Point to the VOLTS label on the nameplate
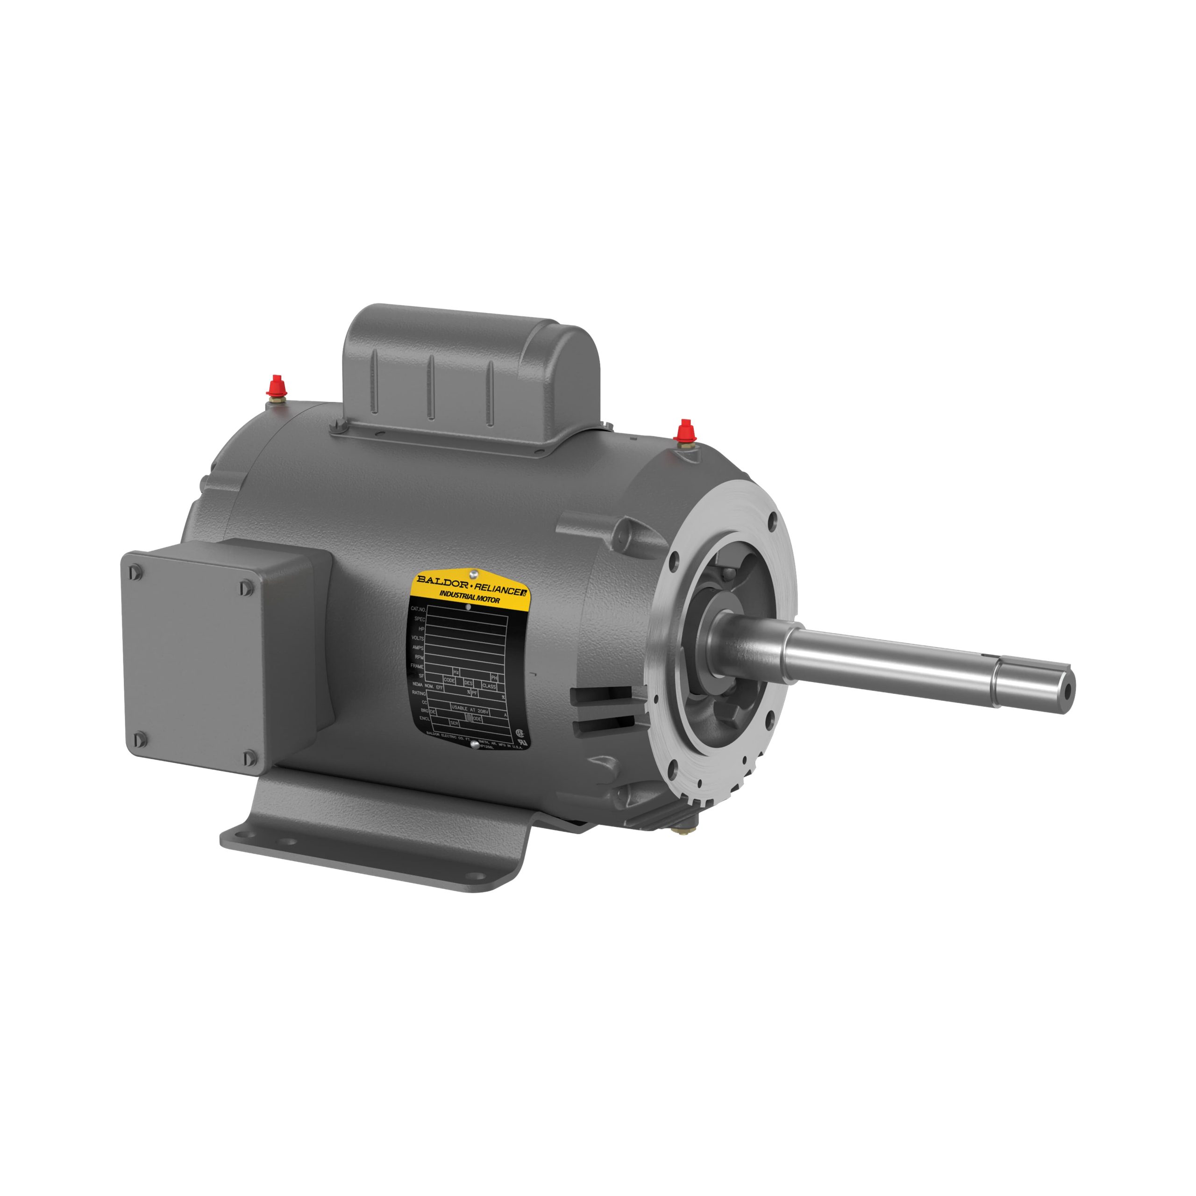418,638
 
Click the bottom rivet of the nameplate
475,745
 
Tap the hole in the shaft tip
1068,686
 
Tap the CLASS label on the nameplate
489,686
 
